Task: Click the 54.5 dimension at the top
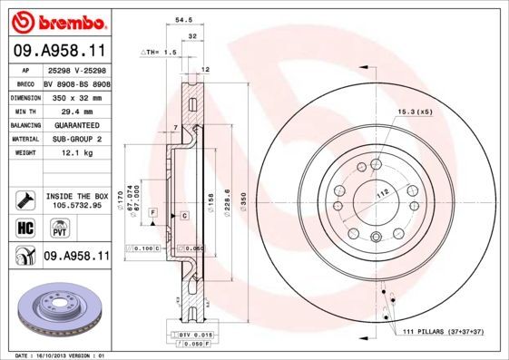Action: pyautogui.click(x=181, y=18)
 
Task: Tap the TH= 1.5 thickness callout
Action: pyautogui.click(x=161, y=53)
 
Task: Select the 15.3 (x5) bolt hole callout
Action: pyautogui.click(x=413, y=111)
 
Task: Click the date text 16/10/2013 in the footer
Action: pyautogui.click(x=58, y=355)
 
